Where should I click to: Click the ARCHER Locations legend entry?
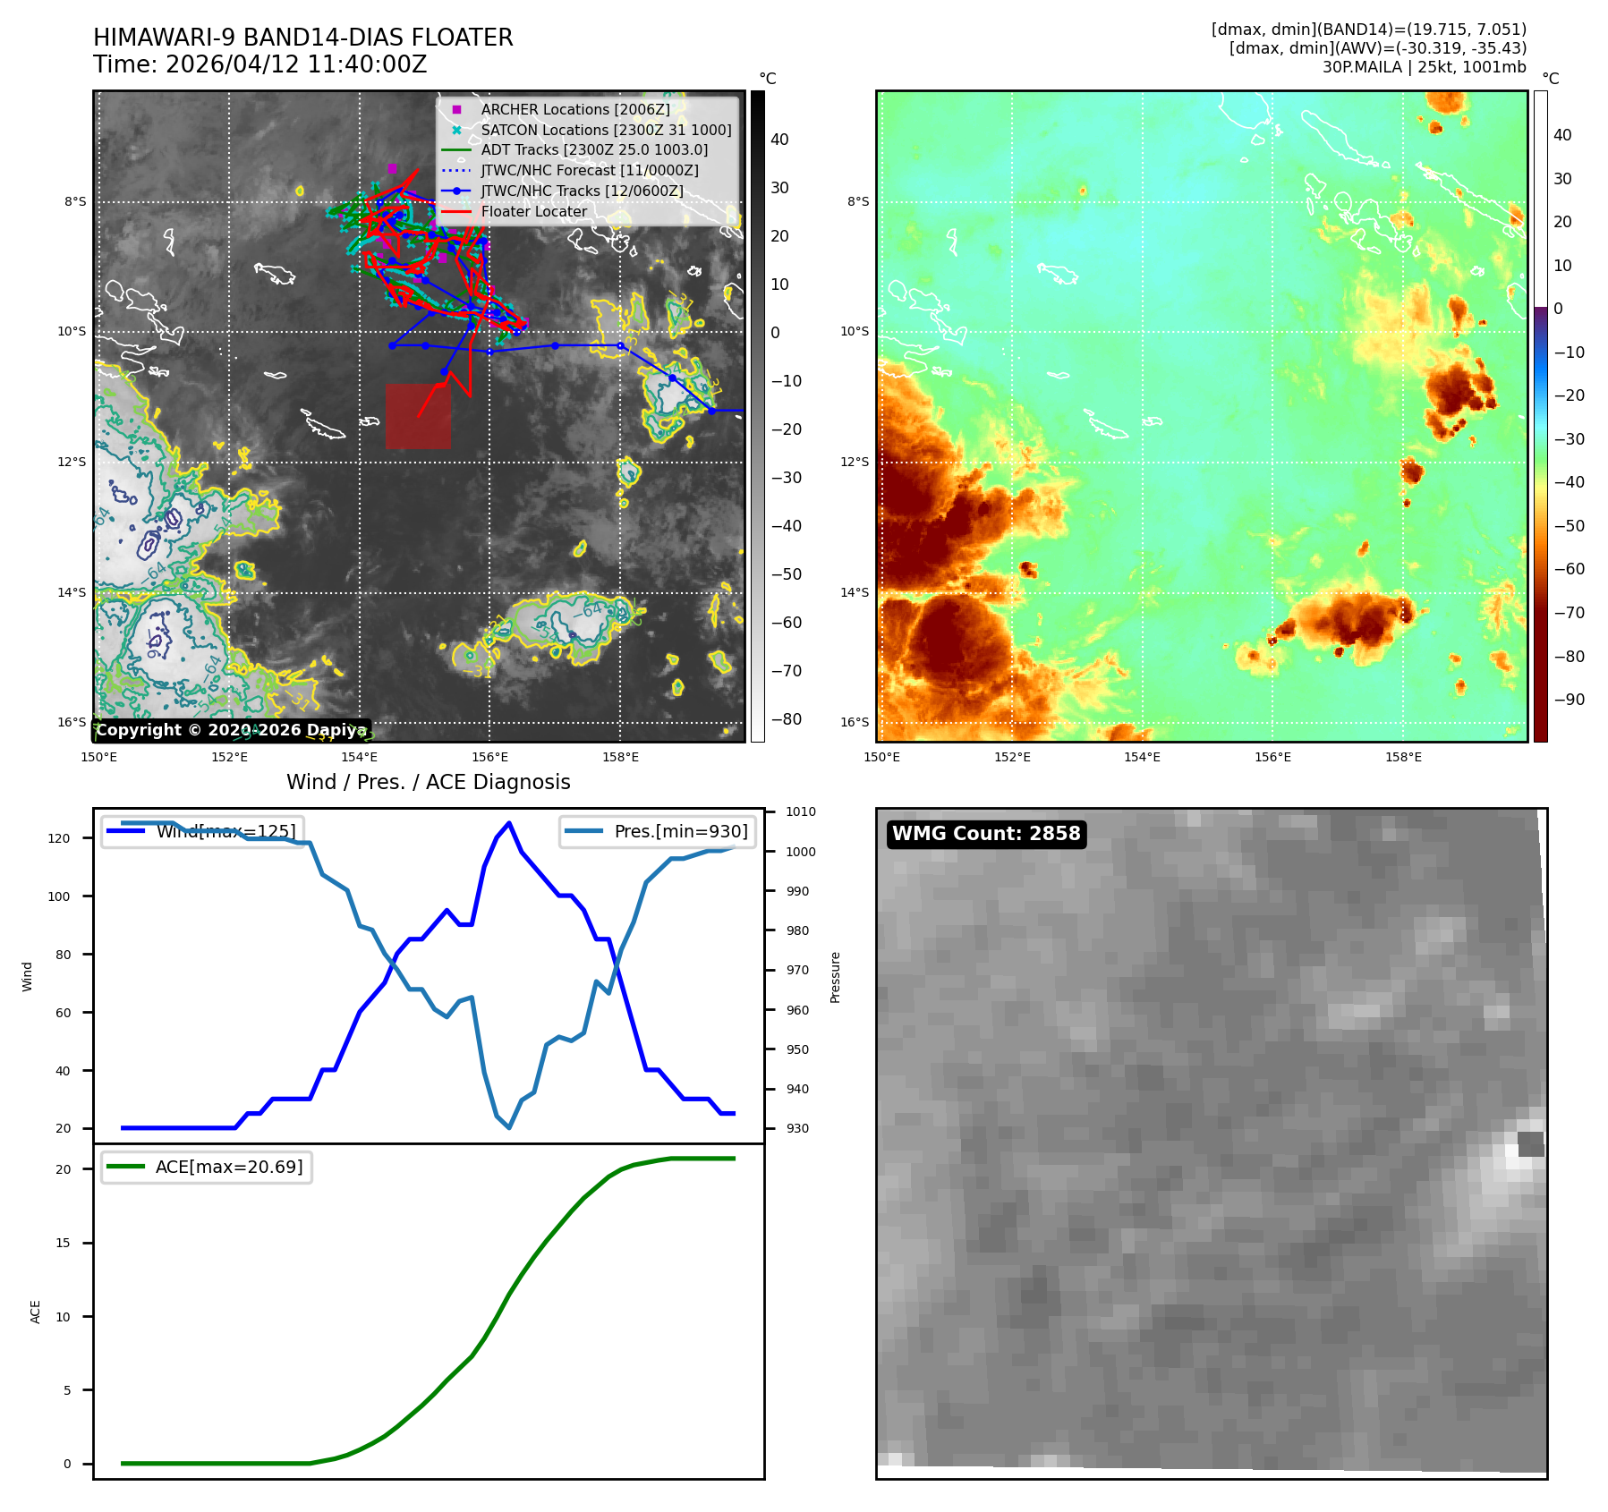574,109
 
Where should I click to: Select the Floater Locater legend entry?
533,212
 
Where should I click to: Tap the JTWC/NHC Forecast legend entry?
589,170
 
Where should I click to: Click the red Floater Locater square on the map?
418,417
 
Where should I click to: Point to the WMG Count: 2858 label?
986,834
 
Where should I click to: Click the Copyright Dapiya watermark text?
231,730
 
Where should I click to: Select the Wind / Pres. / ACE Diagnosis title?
428,782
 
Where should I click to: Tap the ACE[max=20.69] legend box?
207,1167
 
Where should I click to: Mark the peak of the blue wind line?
509,823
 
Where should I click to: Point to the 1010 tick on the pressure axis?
801,812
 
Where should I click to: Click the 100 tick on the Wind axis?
59,896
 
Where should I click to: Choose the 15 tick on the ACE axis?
63,1243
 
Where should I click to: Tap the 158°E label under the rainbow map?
1403,757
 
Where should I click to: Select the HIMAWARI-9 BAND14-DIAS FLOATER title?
302,38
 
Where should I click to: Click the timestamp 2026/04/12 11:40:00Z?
295,64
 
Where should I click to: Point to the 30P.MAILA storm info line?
1424,67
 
